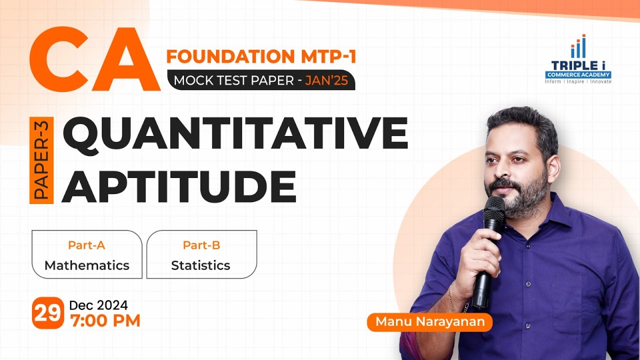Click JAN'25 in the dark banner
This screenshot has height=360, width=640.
coord(327,81)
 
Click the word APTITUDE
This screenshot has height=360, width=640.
coord(179,185)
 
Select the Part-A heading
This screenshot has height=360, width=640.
coord(86,245)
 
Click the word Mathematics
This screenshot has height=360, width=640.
coord(87,265)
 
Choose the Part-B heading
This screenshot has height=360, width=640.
coord(201,245)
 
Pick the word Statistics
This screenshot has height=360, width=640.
coord(200,265)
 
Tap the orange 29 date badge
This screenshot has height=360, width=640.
coord(48,313)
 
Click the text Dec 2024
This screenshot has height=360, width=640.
coord(98,305)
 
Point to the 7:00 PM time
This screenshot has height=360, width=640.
coord(105,320)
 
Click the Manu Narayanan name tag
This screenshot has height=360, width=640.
coord(430,322)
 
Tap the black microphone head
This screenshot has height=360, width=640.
coord(494,210)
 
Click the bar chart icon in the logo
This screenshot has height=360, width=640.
coord(578,47)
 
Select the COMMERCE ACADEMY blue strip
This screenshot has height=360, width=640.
coord(578,74)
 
